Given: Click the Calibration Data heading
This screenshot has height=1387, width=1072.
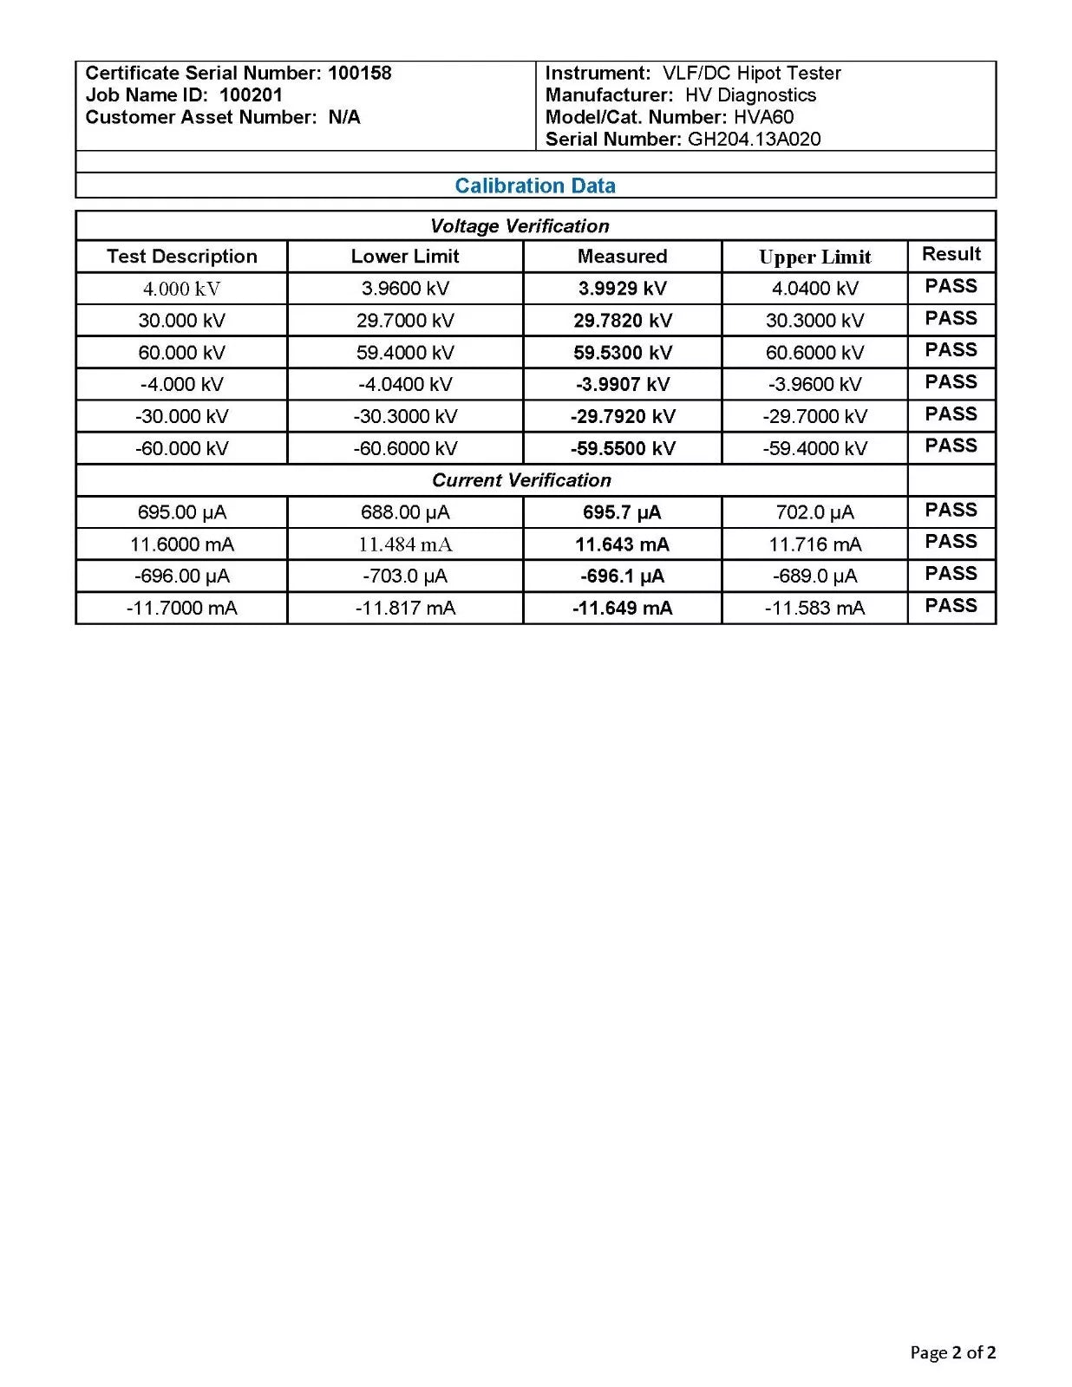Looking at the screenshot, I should tap(534, 186).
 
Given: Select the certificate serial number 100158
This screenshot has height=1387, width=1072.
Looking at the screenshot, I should tap(359, 73).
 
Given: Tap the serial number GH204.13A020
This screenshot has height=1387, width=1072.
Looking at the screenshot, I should tap(754, 139).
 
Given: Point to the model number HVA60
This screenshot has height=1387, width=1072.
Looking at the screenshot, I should tap(763, 117).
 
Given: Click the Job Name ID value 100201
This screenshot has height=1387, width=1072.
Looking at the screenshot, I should tap(251, 95).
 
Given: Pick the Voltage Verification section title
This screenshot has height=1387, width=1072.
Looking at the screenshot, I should tap(520, 226).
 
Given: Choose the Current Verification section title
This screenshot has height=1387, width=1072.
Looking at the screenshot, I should tap(521, 480).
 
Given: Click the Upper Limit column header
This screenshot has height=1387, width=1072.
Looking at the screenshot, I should tap(814, 257).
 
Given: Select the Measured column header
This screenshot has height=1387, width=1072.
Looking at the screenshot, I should tap(622, 257).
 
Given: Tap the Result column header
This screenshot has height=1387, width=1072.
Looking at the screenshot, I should tap(951, 254).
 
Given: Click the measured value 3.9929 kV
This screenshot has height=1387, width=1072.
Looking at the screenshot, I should tap(622, 289).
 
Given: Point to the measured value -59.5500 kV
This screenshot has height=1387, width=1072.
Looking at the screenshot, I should tap(622, 448).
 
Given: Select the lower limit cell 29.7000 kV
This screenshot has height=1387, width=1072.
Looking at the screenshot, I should tap(405, 321).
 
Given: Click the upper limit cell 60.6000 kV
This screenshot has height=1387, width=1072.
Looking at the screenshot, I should tap(814, 353).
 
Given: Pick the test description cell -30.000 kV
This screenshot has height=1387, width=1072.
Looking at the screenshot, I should tap(181, 416).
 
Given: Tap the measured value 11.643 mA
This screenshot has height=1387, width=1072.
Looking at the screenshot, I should tap(622, 544).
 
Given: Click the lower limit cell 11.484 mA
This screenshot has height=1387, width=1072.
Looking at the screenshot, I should tap(405, 544).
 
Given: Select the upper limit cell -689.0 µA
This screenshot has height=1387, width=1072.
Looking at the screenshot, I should tap(814, 576).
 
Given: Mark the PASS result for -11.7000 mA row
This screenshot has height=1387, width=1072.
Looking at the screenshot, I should tap(951, 606).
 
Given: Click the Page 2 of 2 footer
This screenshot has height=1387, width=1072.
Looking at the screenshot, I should tap(952, 1352).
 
